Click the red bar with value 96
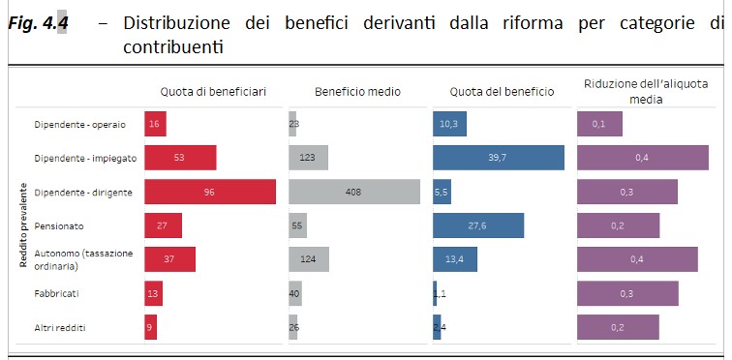(209, 193)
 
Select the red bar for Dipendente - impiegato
(179, 158)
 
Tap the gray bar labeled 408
(354, 193)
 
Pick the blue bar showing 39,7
(498, 158)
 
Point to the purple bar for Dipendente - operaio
(599, 124)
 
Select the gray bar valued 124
(309, 259)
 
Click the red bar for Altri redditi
(150, 327)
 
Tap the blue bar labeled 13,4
(454, 259)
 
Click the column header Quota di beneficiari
(212, 92)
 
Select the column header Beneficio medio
(357, 92)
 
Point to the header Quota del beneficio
(502, 92)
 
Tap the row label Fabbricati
(56, 293)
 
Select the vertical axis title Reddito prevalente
(21, 225)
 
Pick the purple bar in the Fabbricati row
(627, 293)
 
